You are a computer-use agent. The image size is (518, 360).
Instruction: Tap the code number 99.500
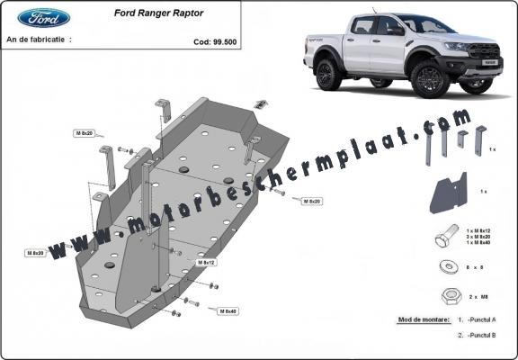216,41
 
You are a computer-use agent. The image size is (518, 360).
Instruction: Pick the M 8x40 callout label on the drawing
228,310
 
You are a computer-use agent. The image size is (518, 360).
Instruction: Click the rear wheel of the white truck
329,73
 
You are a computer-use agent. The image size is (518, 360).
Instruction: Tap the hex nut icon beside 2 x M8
448,295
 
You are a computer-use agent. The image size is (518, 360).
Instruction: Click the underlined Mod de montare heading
421,319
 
